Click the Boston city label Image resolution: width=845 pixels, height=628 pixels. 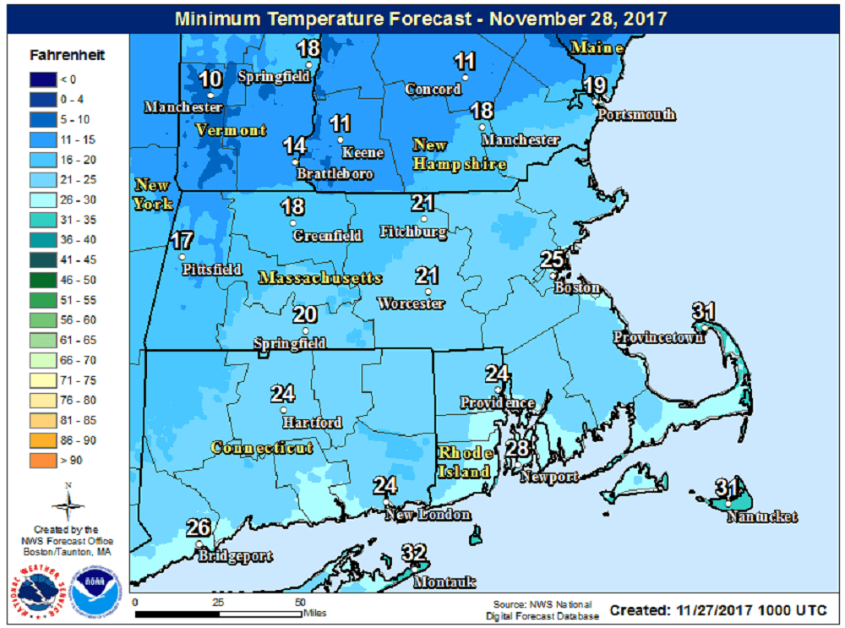point(577,288)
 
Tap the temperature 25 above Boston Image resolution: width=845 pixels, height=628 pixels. point(552,260)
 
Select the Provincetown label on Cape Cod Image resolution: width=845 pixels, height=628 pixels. point(658,338)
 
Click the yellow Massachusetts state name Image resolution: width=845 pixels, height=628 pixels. point(320,278)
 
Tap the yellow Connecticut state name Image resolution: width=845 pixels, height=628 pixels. point(262,448)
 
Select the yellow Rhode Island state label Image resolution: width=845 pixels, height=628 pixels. point(464,461)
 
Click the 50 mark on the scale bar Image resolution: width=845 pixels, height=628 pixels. point(300,603)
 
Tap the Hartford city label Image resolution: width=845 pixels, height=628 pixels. point(313,423)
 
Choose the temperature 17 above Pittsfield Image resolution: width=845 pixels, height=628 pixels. point(183,241)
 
